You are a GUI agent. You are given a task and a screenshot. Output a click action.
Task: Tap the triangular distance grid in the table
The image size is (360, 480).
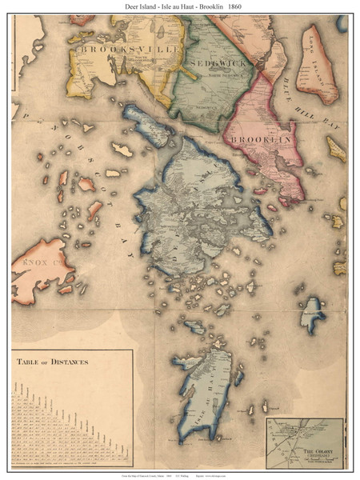tap(48, 416)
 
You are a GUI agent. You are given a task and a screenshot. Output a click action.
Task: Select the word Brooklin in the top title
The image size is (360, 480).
tap(206, 6)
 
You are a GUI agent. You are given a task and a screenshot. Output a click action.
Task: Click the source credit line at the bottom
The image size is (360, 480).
tap(179, 474)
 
